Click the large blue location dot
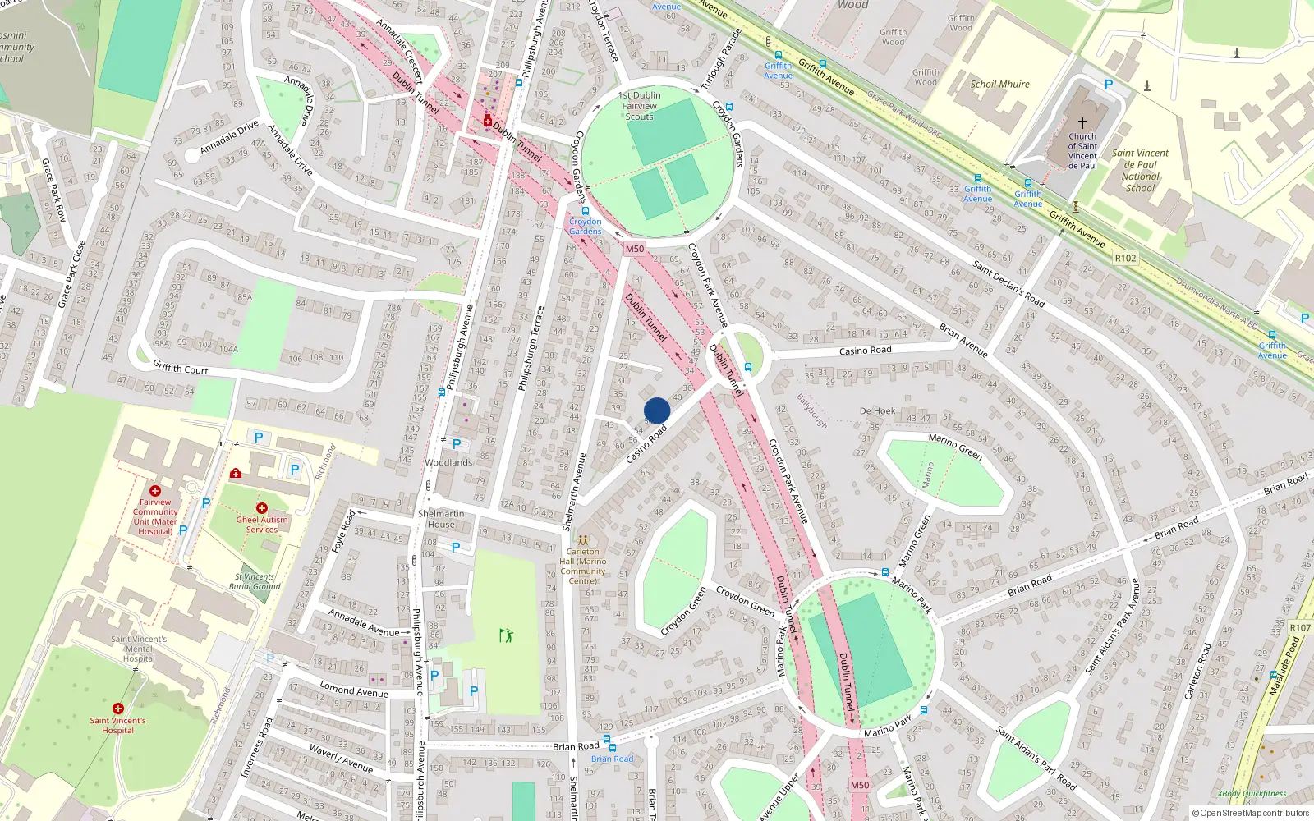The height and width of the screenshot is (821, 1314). pyautogui.click(x=657, y=410)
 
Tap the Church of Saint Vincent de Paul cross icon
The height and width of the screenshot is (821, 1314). pyautogui.click(x=1082, y=123)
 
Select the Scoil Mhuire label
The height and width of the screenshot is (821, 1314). pyautogui.click(x=999, y=84)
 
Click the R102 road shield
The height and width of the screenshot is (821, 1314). pyautogui.click(x=1125, y=258)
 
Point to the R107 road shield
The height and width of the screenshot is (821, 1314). pyautogui.click(x=1300, y=627)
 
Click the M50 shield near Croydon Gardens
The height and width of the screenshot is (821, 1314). pyautogui.click(x=634, y=249)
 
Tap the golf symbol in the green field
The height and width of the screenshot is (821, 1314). pyautogui.click(x=506, y=635)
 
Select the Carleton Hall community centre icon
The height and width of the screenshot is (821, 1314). pyautogui.click(x=583, y=540)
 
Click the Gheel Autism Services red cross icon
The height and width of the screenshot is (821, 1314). pyautogui.click(x=262, y=508)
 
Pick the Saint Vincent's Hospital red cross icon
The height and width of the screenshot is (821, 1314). pyautogui.click(x=118, y=709)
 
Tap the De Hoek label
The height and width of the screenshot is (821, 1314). pyautogui.click(x=877, y=410)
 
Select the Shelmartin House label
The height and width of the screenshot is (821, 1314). pyautogui.click(x=441, y=519)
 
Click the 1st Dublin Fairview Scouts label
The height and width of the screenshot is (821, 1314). pyautogui.click(x=639, y=106)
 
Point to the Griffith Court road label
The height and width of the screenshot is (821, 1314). pyautogui.click(x=181, y=369)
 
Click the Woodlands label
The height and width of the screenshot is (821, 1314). pyautogui.click(x=448, y=462)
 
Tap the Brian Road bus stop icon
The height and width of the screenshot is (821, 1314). pyautogui.click(x=611, y=747)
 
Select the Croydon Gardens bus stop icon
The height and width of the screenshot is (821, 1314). pyautogui.click(x=585, y=211)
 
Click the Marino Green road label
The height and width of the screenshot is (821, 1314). pyautogui.click(x=955, y=446)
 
